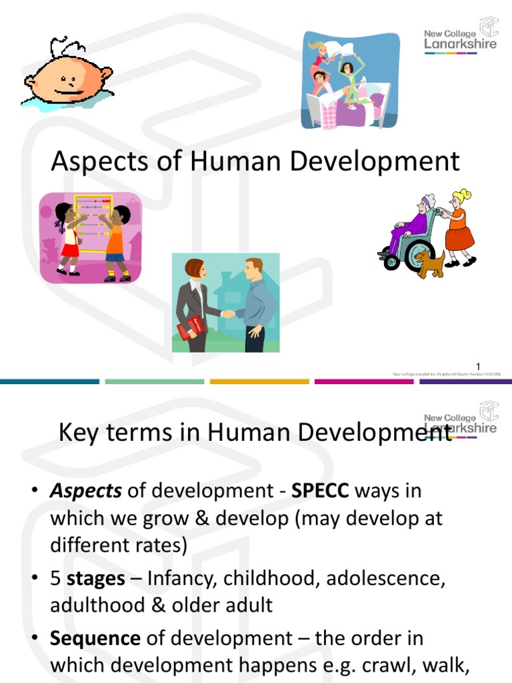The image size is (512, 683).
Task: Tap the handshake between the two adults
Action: coord(228,313)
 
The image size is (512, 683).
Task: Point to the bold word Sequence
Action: coord(95,638)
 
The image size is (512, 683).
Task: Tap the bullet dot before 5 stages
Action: coord(35,579)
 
